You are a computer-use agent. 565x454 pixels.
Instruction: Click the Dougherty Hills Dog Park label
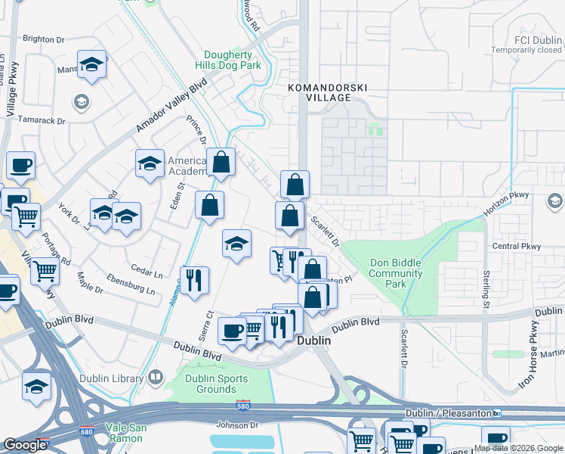point(233,61)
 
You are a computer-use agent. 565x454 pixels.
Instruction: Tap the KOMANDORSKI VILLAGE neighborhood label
point(329,93)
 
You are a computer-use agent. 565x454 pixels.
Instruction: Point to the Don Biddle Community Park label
point(396,274)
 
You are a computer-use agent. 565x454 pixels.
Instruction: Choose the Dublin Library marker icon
point(156,377)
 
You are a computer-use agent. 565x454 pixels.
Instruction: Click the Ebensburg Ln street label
point(130,285)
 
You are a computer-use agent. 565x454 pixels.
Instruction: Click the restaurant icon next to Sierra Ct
point(195,279)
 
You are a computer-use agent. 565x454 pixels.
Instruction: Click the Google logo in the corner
point(26,445)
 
